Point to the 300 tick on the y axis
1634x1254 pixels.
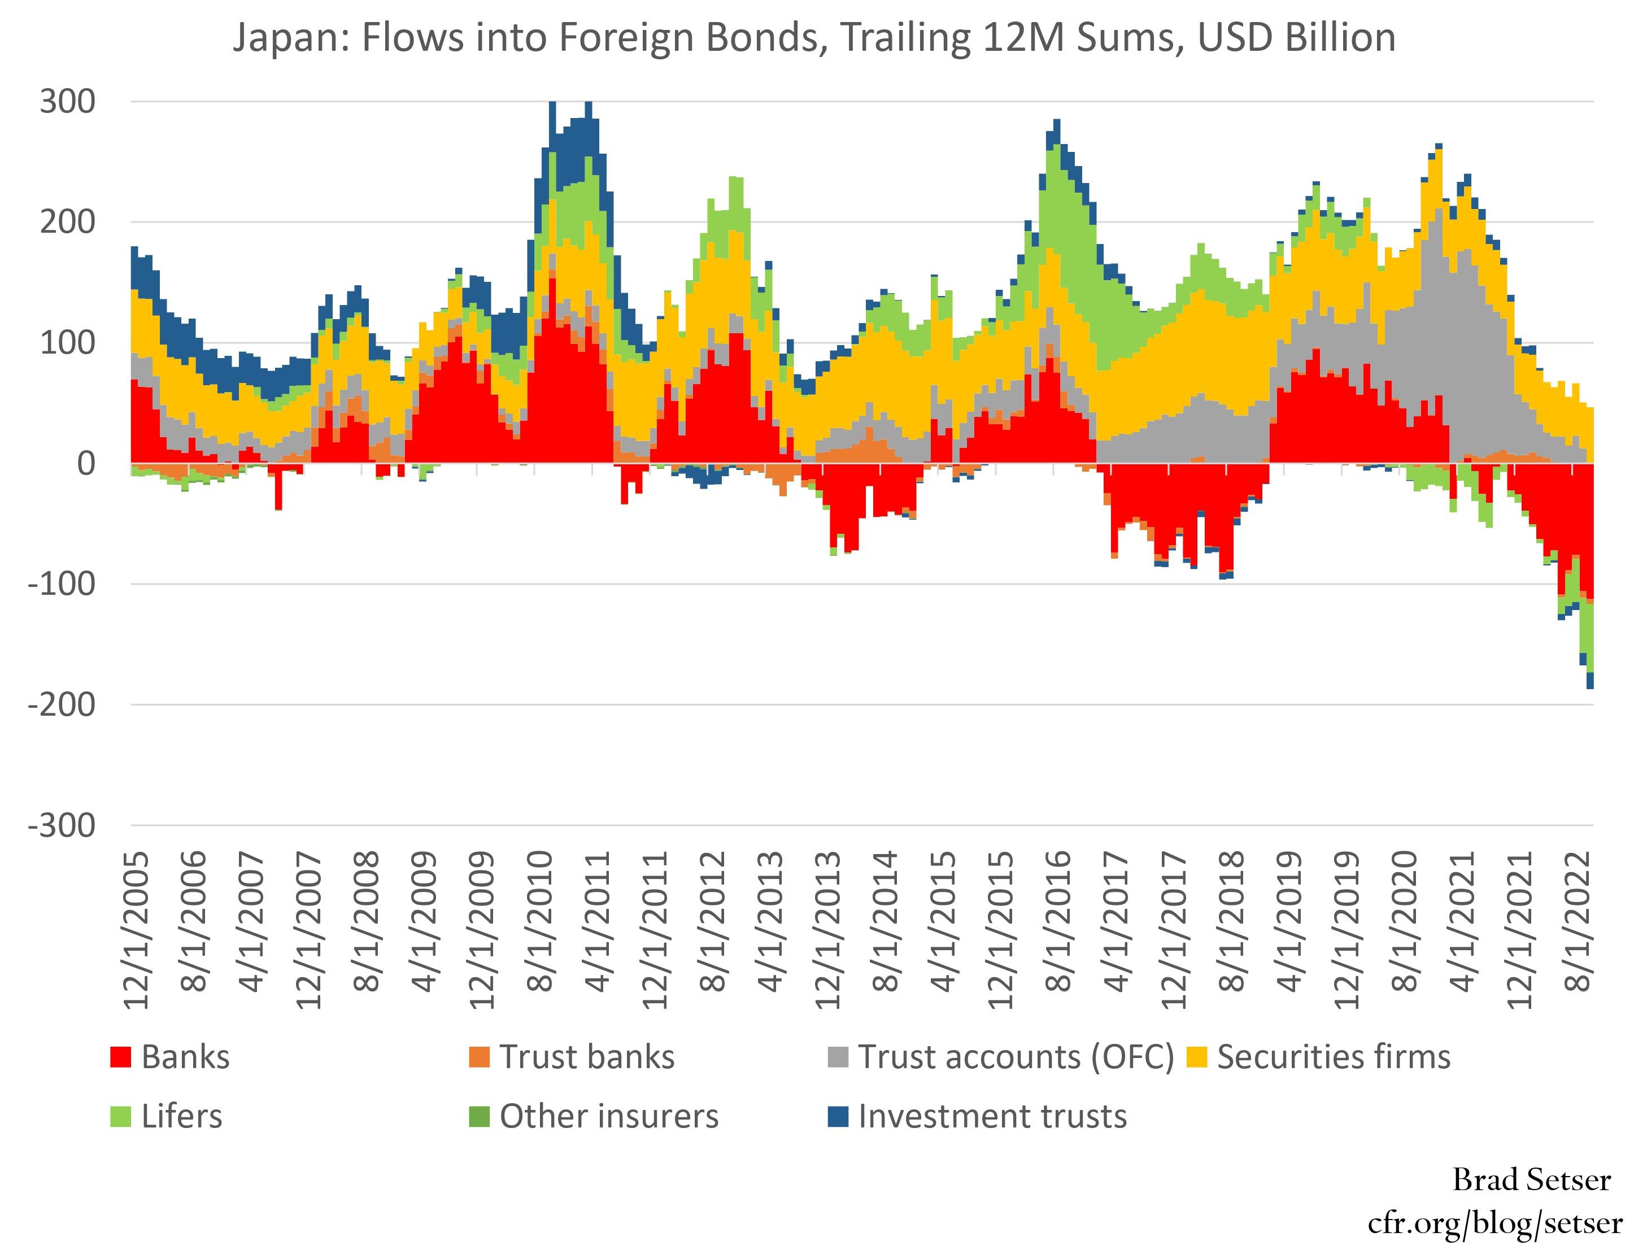point(68,102)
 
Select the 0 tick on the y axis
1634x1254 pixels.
point(86,464)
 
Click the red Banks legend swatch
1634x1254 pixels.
point(120,1057)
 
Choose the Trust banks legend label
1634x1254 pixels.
point(587,1057)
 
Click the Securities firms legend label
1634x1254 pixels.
point(1333,1057)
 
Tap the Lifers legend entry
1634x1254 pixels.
point(181,1117)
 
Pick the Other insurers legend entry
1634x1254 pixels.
point(608,1117)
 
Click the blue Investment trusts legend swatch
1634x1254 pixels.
point(838,1117)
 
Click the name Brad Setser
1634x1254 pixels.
point(1531,1180)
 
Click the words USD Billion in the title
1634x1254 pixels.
point(1297,37)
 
